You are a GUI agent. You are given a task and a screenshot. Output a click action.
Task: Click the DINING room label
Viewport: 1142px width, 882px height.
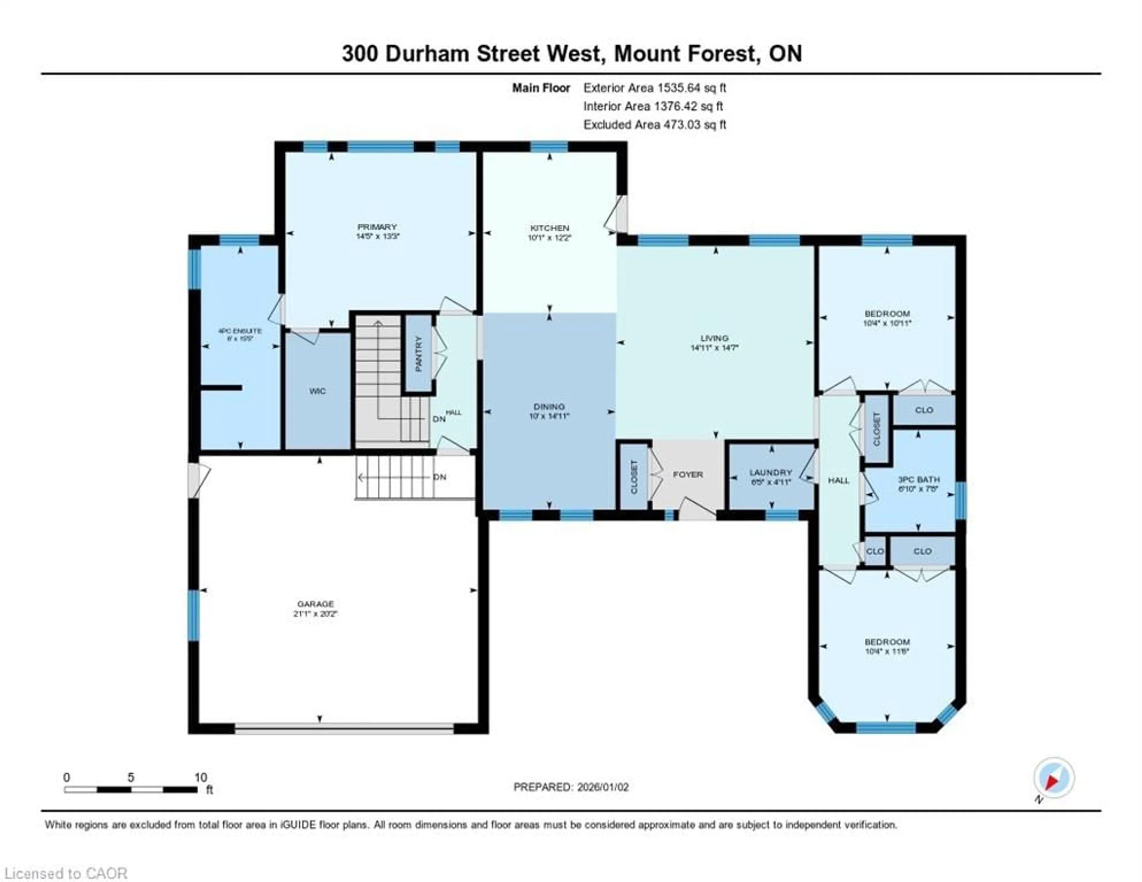coord(549,407)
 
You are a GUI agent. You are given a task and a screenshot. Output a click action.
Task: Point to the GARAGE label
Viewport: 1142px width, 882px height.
coord(315,604)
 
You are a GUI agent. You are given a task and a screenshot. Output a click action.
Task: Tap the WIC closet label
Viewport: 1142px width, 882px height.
coord(317,391)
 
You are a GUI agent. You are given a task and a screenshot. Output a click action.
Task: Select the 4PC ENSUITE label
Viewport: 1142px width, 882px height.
coord(240,331)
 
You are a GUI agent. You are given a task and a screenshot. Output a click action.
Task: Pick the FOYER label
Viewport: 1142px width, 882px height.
coord(688,475)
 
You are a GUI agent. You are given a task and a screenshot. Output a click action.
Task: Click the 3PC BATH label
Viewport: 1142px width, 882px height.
coord(919,479)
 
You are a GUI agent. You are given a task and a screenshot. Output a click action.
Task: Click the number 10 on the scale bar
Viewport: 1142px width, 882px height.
coord(201,777)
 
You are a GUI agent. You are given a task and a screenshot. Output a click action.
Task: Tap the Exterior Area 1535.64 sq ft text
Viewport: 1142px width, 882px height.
coord(655,88)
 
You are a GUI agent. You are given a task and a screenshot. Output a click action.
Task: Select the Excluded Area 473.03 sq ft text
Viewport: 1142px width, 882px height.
coord(655,125)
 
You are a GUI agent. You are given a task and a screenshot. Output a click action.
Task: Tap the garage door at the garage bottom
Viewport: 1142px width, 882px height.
coord(344,728)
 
